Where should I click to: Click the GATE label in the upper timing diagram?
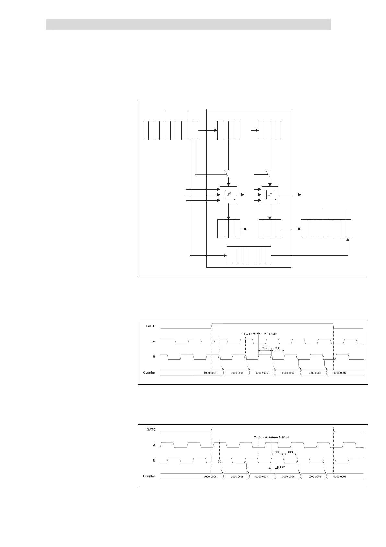(151, 326)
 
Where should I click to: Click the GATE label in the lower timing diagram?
(151, 429)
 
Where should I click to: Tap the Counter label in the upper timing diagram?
(149, 373)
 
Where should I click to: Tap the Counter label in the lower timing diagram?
(149, 476)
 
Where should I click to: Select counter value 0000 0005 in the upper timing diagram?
(237, 373)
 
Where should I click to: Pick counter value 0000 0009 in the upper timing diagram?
(340, 373)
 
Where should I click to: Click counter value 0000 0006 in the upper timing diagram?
(262, 373)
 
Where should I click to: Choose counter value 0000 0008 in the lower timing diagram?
(237, 477)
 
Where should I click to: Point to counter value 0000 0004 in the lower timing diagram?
(340, 477)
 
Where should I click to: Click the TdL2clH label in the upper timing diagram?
(247, 334)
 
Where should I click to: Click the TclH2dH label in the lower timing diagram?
(284, 437)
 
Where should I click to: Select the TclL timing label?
(278, 349)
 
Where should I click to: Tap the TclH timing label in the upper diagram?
(265, 349)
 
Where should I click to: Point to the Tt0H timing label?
(277, 452)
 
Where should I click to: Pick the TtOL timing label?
(290, 452)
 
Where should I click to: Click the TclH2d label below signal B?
(281, 467)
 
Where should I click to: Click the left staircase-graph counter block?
(228, 195)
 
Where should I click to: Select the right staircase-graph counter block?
(270, 195)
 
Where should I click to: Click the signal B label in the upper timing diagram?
(154, 357)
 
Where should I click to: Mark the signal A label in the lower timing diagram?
(154, 445)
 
